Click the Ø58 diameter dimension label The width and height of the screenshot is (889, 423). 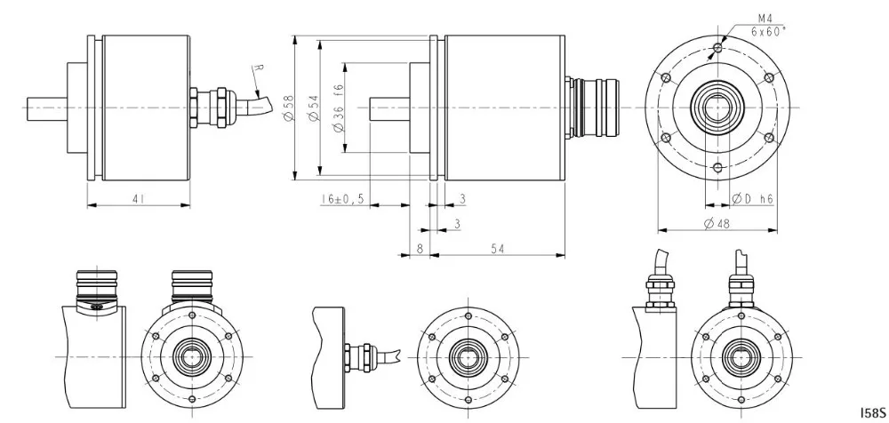click(289, 108)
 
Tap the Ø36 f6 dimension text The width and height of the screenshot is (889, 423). click(339, 108)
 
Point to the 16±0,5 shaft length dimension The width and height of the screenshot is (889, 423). click(342, 199)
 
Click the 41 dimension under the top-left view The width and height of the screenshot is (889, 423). click(137, 199)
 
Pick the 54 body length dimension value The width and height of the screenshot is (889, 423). click(497, 248)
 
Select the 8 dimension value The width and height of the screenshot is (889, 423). click(420, 248)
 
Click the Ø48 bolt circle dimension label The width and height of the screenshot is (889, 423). click(717, 224)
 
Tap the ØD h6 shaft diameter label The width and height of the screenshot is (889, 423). click(752, 199)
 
